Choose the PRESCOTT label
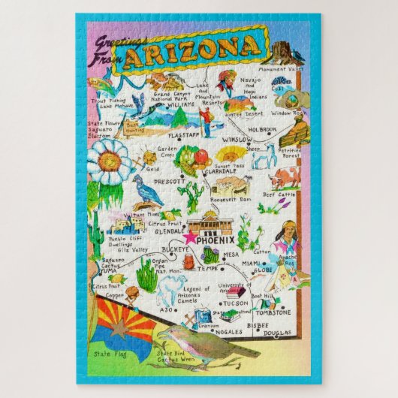point(169,181)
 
